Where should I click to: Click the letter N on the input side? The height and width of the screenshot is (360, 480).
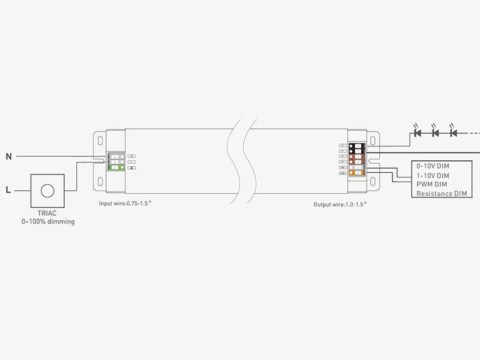pos(8,157)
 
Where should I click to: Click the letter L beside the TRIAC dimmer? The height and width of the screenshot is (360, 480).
pos(8,191)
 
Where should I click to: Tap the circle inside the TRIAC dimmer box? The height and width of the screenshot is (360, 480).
pos(47,191)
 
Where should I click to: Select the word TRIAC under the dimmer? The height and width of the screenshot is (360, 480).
pos(47,214)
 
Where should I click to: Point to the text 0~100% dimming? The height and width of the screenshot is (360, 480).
pos(48,222)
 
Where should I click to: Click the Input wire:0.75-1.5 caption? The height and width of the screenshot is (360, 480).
pos(125,203)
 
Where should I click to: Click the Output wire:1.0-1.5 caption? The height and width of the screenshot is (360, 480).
pos(340,205)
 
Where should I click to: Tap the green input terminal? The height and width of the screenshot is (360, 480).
pos(116,167)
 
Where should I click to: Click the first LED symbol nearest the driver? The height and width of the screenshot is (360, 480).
pos(418,132)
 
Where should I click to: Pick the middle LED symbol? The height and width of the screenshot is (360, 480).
pos(436,132)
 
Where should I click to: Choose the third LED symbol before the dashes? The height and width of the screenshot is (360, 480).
pos(454,132)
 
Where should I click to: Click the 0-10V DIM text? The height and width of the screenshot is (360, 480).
pos(433,166)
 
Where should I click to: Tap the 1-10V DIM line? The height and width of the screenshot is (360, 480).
pos(433,175)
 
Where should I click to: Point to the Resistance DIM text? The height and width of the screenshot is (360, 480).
pos(441,193)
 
